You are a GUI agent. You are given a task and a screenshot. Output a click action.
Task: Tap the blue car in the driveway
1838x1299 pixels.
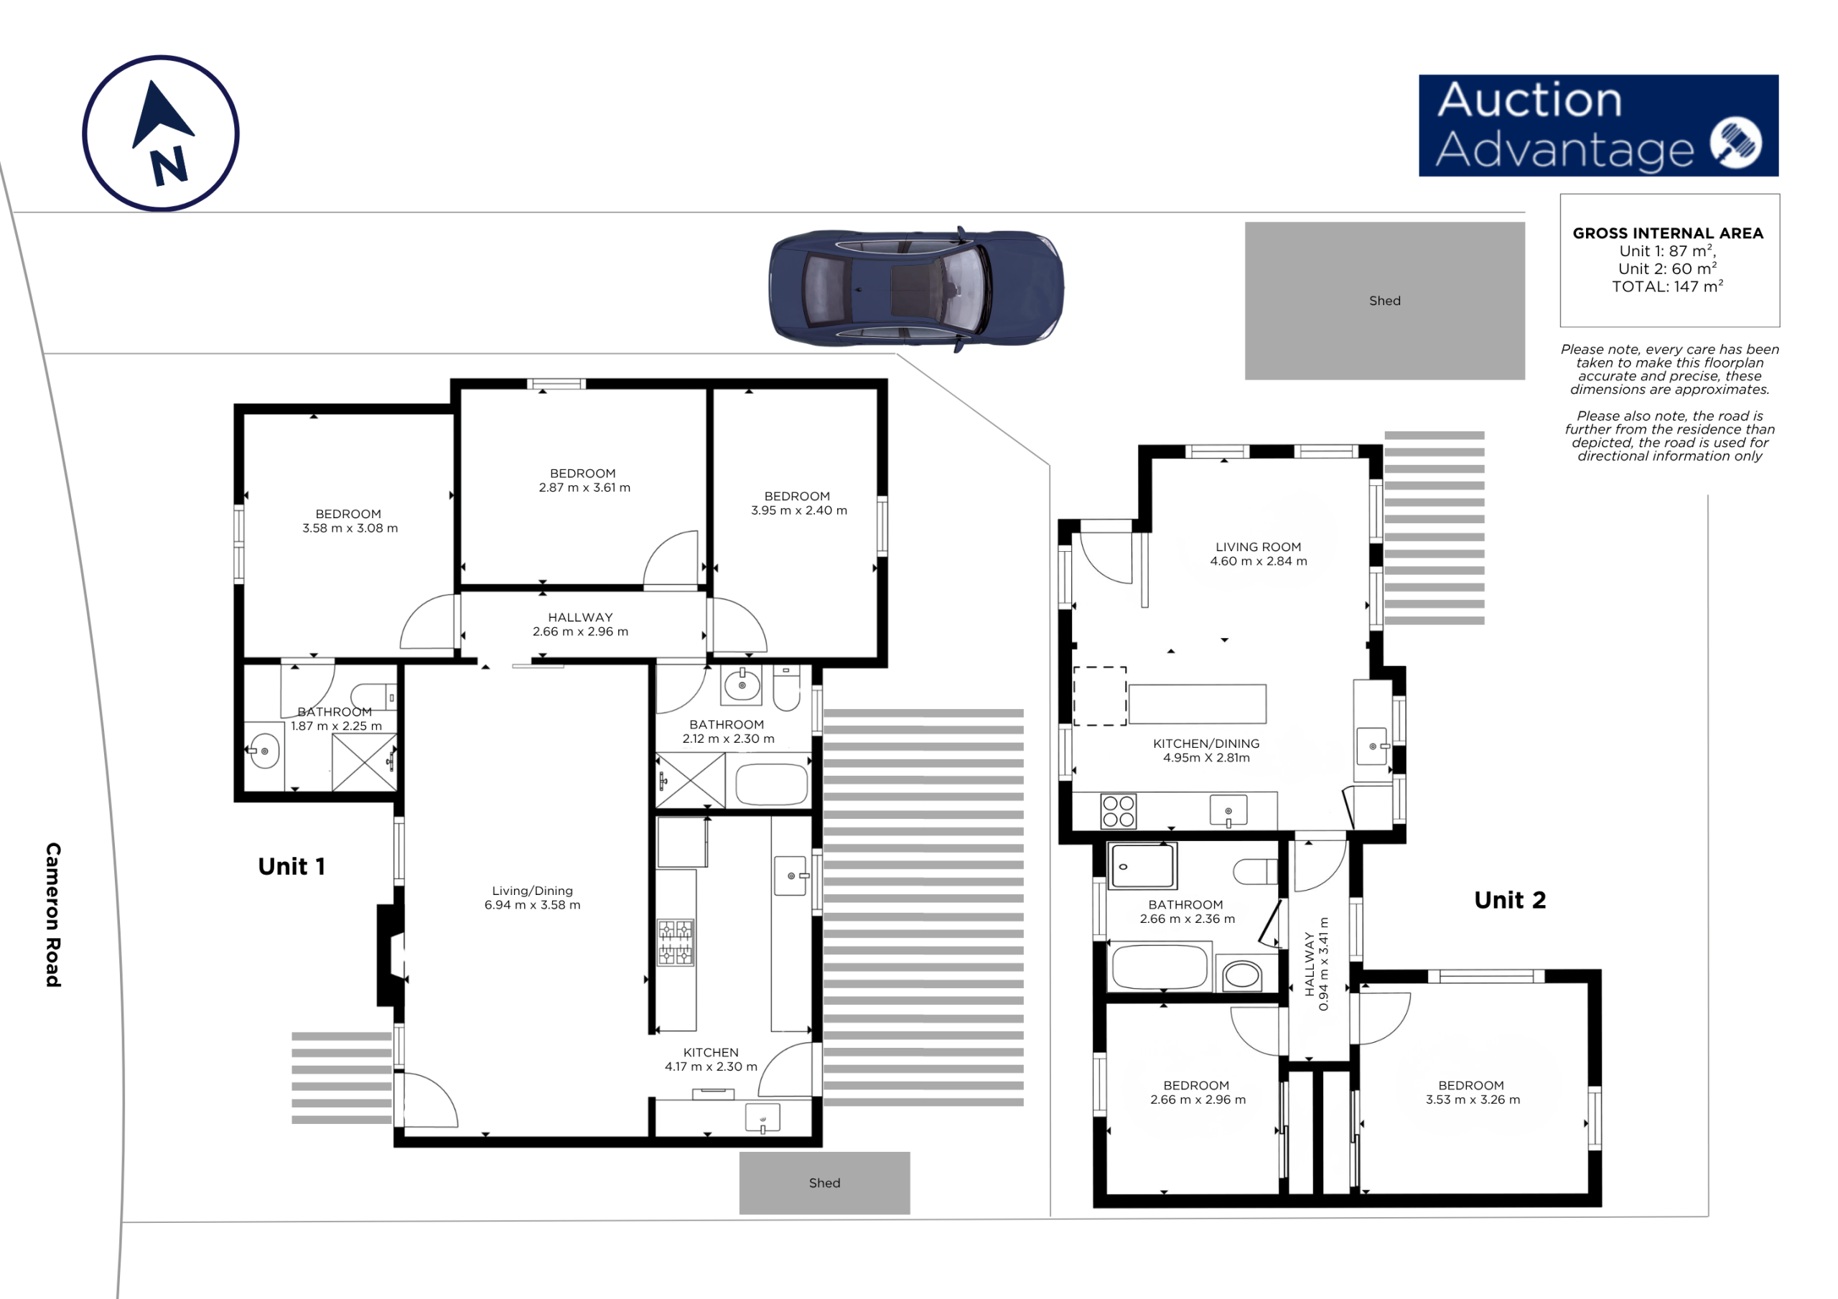tap(917, 289)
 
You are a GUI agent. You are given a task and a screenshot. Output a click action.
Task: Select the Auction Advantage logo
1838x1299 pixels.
tap(1599, 126)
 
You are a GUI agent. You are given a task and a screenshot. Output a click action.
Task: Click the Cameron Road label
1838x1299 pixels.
tap(53, 915)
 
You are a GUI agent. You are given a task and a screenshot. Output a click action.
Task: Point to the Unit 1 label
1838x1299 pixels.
tap(291, 867)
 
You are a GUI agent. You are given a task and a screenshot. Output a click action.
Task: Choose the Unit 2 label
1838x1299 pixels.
tap(1510, 901)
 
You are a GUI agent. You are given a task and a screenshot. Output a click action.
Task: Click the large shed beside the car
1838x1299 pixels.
tap(1384, 301)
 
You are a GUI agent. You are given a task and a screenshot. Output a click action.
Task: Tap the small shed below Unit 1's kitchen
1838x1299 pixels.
tap(824, 1183)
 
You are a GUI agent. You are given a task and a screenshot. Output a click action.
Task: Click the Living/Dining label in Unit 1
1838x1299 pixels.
tap(532, 891)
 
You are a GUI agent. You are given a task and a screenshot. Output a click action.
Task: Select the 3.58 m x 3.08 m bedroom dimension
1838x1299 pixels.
tap(350, 528)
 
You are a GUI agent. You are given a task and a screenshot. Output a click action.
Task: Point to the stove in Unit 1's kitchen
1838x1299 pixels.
tap(676, 943)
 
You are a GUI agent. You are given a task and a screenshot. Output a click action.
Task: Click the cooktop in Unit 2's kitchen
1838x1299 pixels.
tap(1119, 810)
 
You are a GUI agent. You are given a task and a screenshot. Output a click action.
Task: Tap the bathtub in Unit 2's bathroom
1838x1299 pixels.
tap(1159, 967)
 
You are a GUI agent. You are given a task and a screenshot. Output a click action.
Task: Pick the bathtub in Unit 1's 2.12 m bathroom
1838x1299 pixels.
tap(772, 784)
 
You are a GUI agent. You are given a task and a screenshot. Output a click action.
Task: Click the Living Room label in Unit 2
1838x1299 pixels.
tap(1259, 548)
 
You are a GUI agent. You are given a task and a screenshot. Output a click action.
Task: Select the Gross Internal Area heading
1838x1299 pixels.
tap(1669, 234)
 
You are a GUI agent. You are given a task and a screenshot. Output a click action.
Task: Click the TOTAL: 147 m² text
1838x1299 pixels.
tap(1668, 286)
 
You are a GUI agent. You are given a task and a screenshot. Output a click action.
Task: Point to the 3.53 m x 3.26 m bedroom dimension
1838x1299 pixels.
tap(1473, 1099)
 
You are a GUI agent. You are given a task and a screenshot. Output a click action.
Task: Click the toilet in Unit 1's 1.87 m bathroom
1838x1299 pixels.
tap(374, 697)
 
